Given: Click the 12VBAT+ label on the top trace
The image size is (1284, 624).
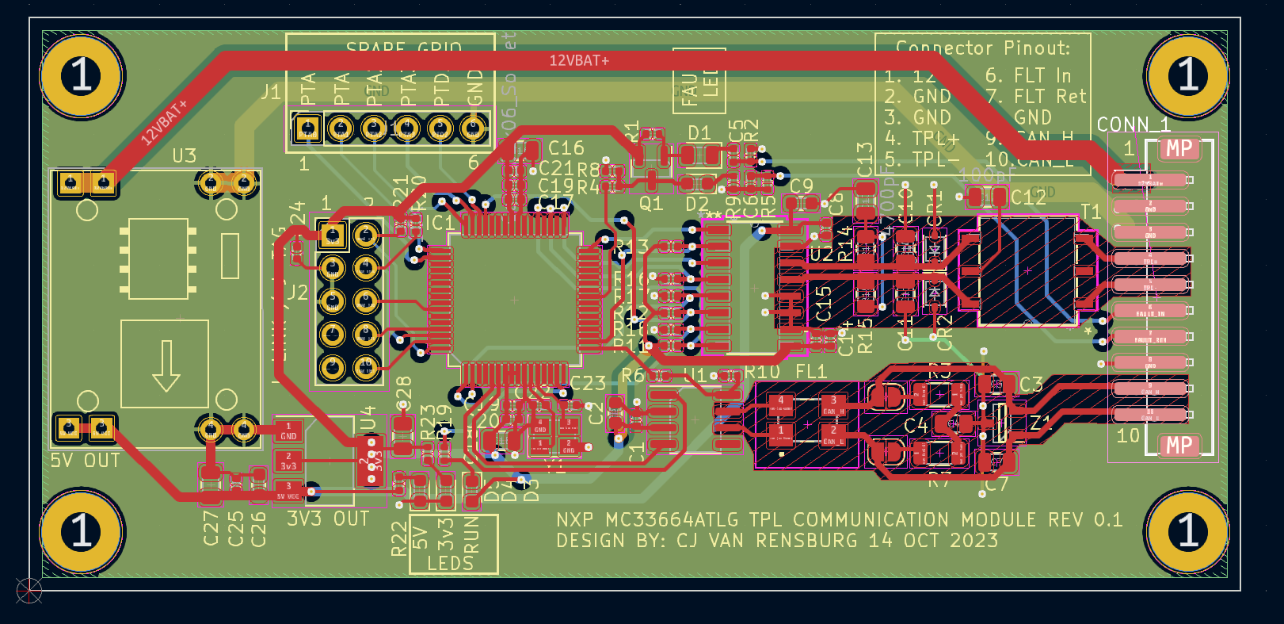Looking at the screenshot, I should [579, 60].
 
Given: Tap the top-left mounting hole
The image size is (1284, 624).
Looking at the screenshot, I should [82, 76].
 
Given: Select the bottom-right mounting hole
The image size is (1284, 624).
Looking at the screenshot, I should [1187, 530].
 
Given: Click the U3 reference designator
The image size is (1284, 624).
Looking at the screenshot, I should [184, 155].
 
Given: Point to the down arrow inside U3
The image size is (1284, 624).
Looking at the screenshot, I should [166, 366].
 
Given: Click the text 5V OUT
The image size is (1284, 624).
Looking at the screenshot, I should [86, 461].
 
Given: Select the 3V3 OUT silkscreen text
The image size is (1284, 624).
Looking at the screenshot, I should [328, 519].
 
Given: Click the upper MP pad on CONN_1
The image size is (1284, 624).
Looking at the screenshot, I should [1179, 148].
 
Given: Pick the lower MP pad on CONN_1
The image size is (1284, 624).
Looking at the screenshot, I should [1179, 446].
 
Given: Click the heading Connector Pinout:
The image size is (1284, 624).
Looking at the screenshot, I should [982, 48].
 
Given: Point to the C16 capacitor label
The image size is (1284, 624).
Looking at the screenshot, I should [566, 148].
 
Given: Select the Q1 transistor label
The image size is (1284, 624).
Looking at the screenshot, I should [650, 204].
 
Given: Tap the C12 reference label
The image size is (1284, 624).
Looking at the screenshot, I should [1028, 197].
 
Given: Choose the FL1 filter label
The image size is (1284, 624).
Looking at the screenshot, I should [810, 371].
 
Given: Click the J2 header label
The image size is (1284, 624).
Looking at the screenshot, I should [297, 293].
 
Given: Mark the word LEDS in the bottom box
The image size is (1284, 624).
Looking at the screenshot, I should [450, 563].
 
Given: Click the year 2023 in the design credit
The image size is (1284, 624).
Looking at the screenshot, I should [974, 541].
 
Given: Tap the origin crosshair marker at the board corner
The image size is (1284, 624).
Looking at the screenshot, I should [29, 590].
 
